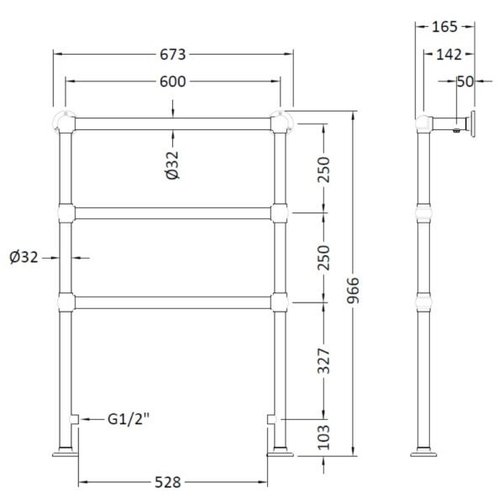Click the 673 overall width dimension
coord(173,55)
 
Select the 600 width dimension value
coord(173,81)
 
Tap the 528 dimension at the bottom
coord(168,482)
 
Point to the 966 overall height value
coord(353,291)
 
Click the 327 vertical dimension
coord(323,360)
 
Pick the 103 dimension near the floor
coord(323,437)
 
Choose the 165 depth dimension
coord(444,27)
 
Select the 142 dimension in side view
coord(449,55)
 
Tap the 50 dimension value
coord(465,81)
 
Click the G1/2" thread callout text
coord(129,419)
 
